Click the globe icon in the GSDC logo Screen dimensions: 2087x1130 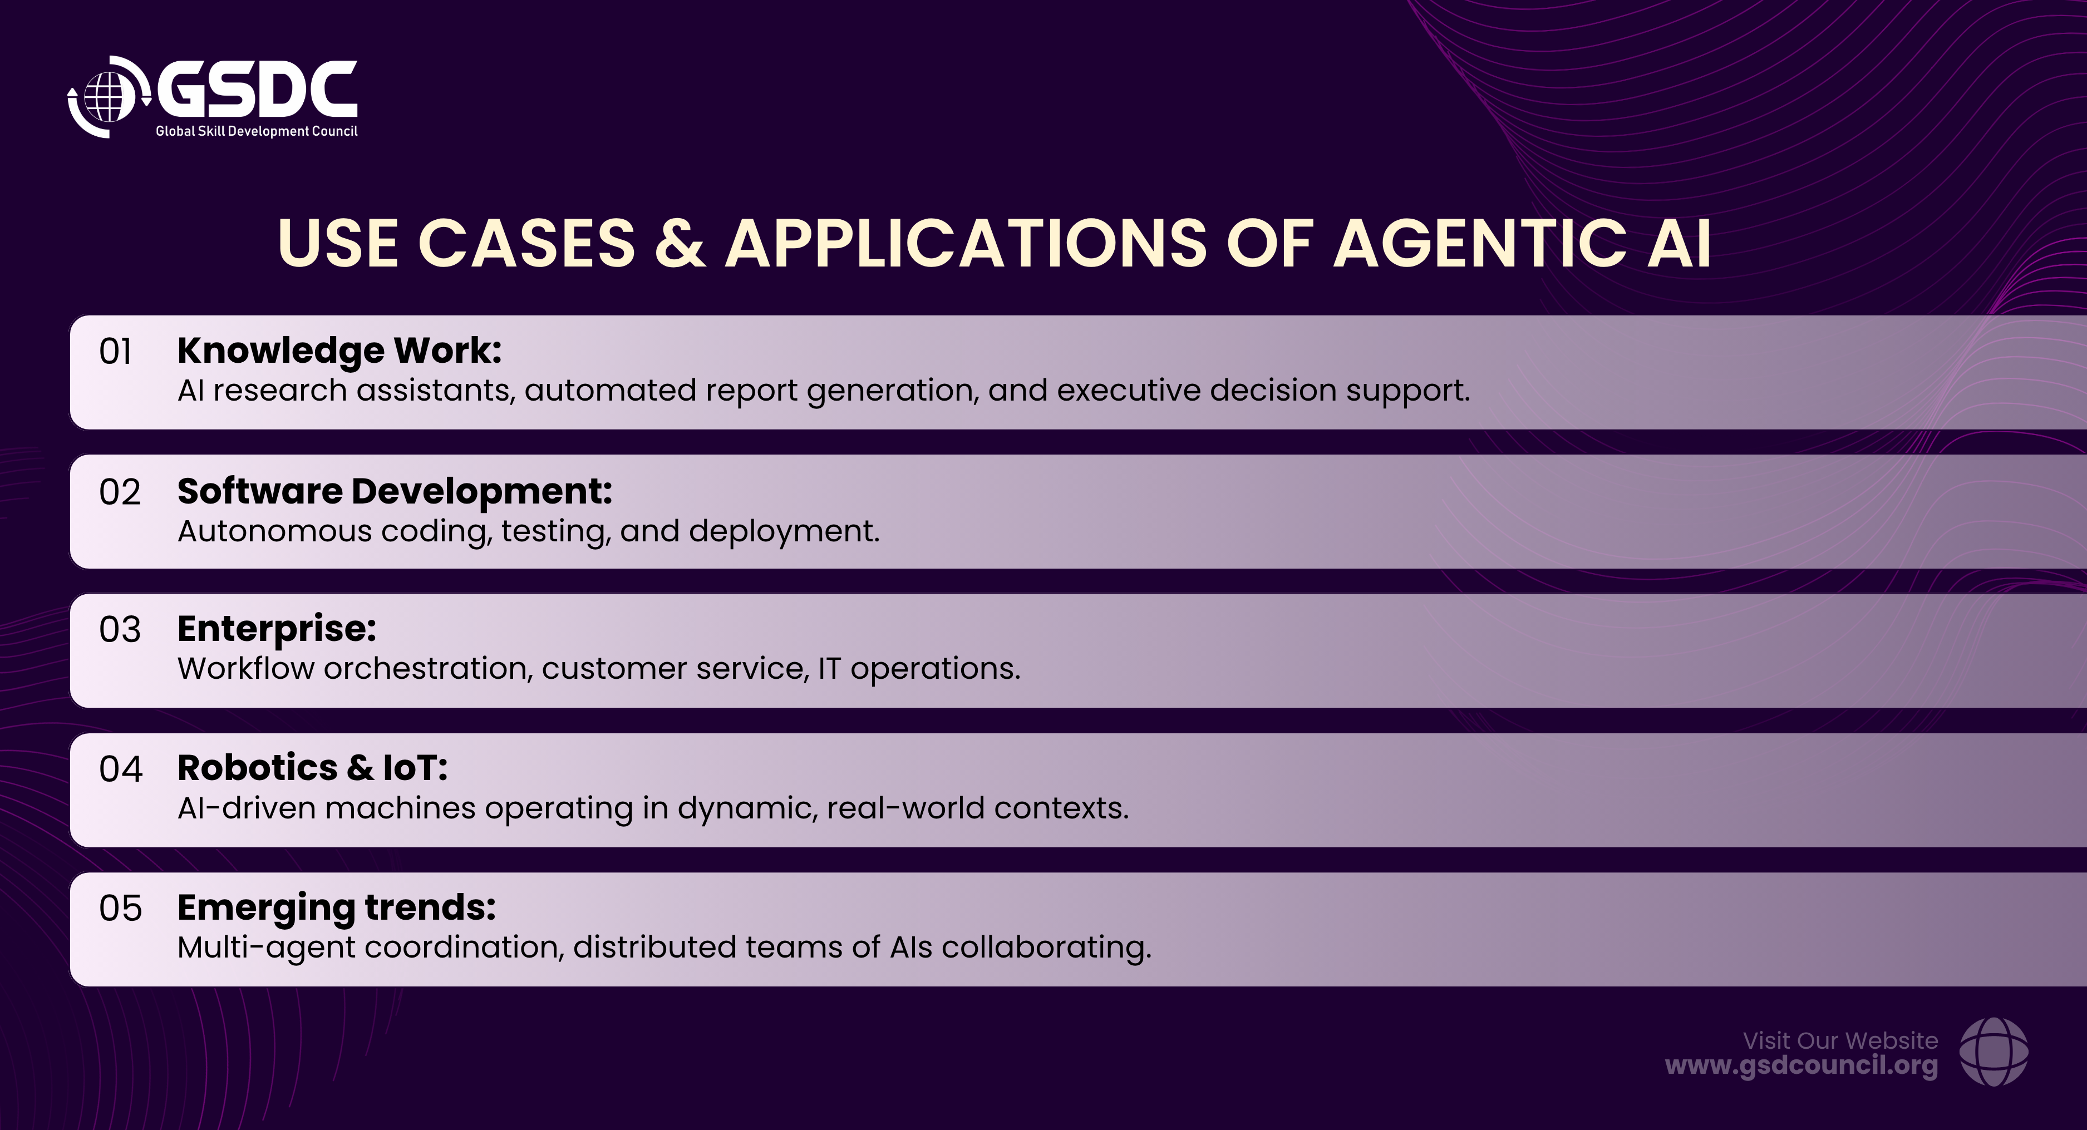click(x=108, y=97)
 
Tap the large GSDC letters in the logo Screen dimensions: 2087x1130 click(x=257, y=89)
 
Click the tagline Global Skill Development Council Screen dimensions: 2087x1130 click(x=256, y=131)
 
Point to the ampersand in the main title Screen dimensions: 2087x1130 click(x=680, y=243)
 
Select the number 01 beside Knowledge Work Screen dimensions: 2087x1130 click(x=116, y=352)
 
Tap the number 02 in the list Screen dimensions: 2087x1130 click(x=120, y=492)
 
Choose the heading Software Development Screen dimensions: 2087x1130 click(x=395, y=491)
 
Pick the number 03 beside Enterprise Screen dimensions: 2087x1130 click(x=120, y=629)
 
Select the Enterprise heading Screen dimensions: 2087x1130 click(x=277, y=629)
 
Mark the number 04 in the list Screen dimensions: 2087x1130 click(x=121, y=769)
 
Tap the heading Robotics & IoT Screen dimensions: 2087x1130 click(x=313, y=768)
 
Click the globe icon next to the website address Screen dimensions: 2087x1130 click(x=1994, y=1052)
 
